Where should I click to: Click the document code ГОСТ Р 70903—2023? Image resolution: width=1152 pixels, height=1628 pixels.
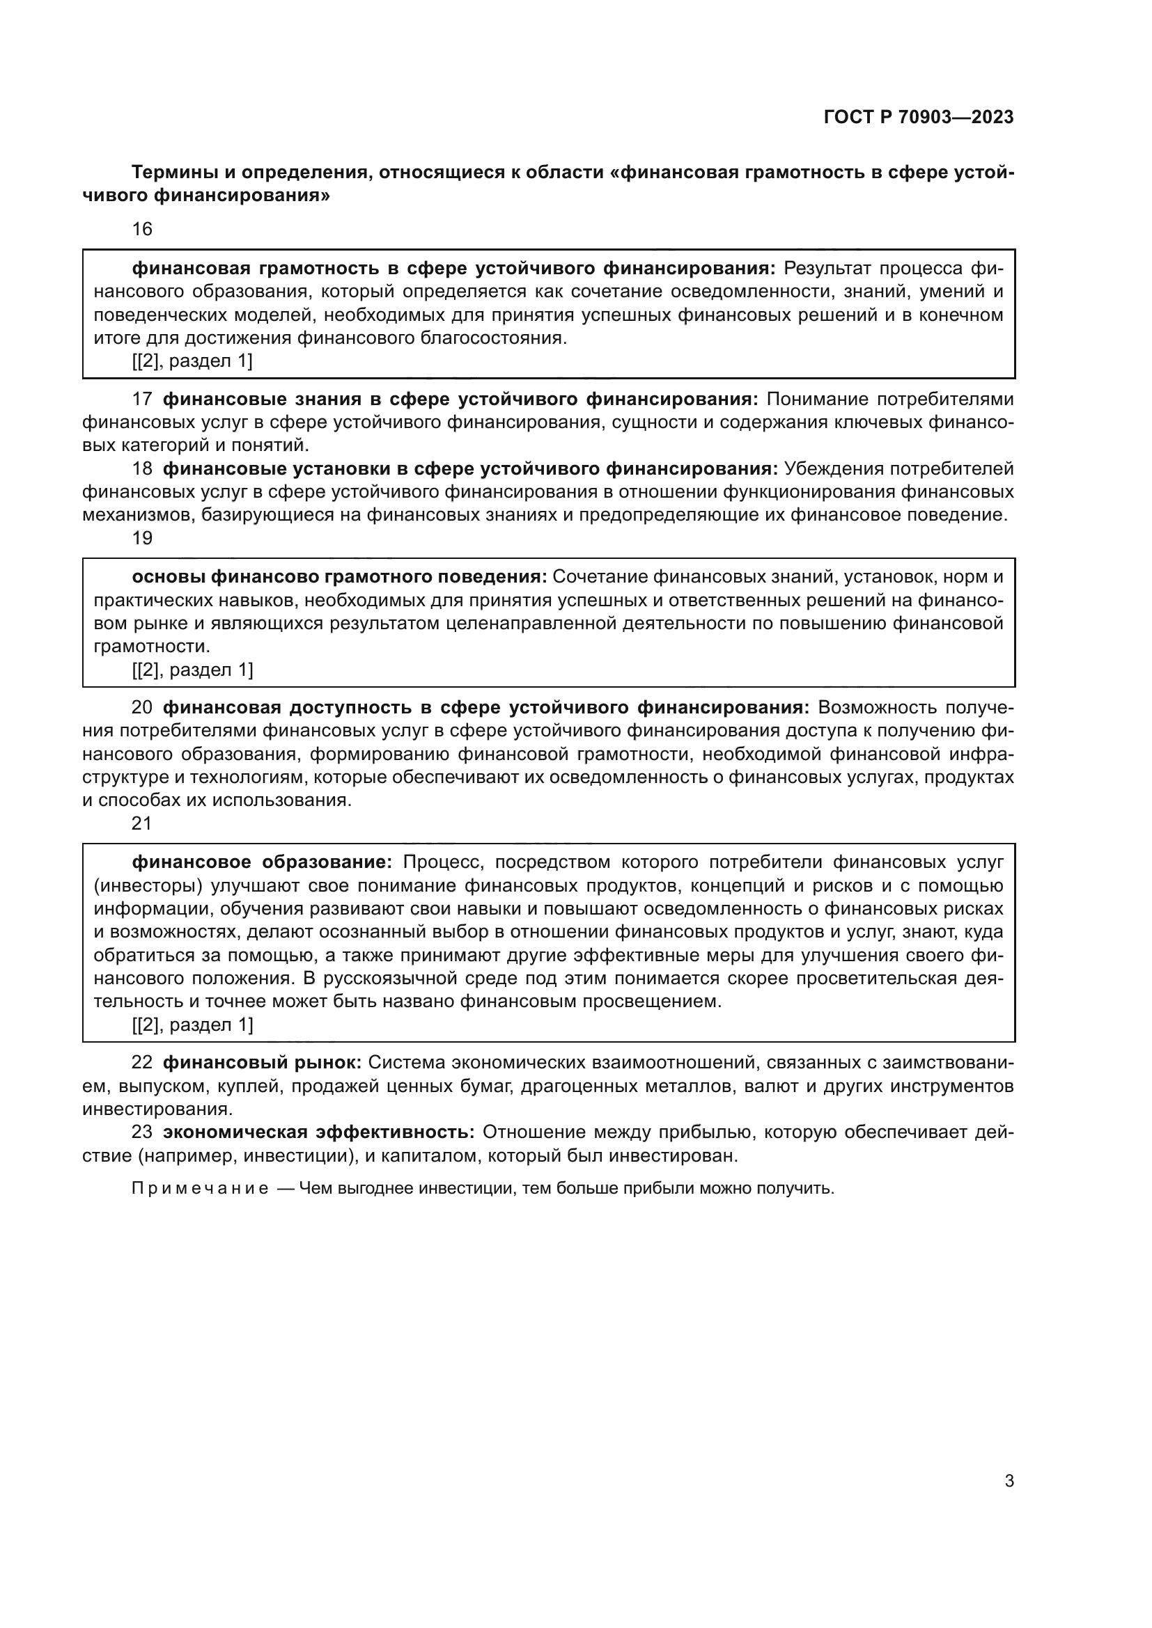(x=919, y=117)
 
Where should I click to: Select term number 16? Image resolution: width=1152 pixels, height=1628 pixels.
(x=142, y=229)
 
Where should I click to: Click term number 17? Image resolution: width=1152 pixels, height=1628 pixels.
(x=142, y=400)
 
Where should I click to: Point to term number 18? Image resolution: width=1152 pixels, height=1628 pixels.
(x=142, y=468)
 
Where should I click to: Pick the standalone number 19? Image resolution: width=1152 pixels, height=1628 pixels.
(x=142, y=538)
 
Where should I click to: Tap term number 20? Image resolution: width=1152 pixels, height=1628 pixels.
(x=142, y=708)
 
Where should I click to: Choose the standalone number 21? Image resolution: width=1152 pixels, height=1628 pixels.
(x=142, y=823)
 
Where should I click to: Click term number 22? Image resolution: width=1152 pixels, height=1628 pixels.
(x=142, y=1063)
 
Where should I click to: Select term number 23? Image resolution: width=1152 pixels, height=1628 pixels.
(x=142, y=1132)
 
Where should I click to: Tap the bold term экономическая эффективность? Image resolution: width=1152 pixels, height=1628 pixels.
(x=318, y=1132)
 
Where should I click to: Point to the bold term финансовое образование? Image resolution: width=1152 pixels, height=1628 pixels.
(x=262, y=862)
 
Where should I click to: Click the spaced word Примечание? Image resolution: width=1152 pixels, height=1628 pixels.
(x=200, y=1188)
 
